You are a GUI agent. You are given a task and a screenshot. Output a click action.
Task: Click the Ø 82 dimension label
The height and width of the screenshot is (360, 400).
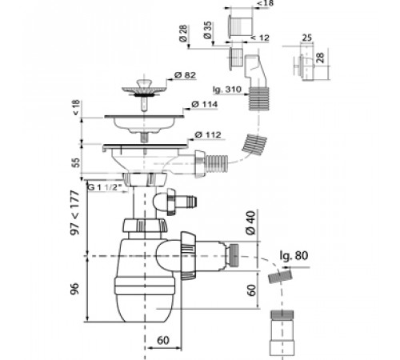click(x=185, y=75)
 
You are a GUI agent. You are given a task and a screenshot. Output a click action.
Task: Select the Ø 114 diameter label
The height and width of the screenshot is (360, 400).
click(x=205, y=104)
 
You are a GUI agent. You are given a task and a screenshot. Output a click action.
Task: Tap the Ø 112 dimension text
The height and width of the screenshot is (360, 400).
click(x=208, y=135)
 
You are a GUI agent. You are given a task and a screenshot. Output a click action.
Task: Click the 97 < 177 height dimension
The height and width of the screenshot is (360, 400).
click(x=75, y=213)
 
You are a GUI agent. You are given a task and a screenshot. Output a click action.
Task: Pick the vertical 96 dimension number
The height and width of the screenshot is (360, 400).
click(x=75, y=288)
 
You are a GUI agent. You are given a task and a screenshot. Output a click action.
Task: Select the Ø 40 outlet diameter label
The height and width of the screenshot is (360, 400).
click(x=250, y=222)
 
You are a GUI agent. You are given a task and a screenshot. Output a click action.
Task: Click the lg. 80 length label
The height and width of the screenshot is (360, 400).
click(x=294, y=255)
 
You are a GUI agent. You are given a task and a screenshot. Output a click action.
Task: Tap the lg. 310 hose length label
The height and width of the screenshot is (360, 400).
click(x=227, y=89)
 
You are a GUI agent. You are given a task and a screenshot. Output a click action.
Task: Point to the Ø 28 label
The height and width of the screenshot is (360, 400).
click(x=183, y=34)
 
